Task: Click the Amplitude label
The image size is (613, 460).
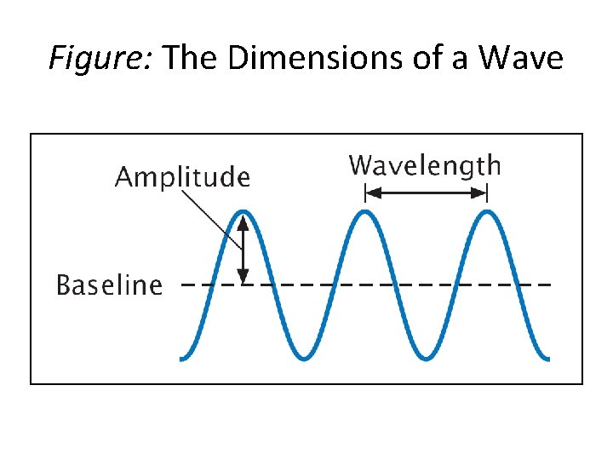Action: coord(182,177)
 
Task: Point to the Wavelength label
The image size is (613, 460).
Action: coord(425,165)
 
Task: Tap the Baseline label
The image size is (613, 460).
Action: coord(109,285)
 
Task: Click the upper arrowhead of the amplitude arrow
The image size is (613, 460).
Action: coord(243,222)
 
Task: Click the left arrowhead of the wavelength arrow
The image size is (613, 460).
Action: coord(373,194)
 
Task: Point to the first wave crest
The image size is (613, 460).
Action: coord(243,211)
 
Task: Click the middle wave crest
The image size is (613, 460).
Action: coord(364,211)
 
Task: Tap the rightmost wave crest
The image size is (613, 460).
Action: coord(487,211)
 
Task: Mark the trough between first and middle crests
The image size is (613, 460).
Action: coord(304,356)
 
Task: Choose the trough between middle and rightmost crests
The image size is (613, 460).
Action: coord(426,356)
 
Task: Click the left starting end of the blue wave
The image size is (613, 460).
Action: coord(182,358)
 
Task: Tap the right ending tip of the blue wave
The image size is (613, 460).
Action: coord(547,358)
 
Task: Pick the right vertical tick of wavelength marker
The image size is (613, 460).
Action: coord(488,194)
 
